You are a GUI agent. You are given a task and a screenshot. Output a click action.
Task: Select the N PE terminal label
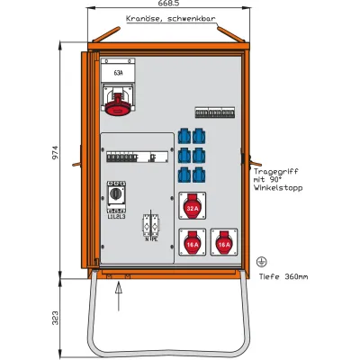pyautogui.click(x=150, y=238)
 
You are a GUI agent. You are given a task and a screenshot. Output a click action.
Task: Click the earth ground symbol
pyautogui.click(x=261, y=260)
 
